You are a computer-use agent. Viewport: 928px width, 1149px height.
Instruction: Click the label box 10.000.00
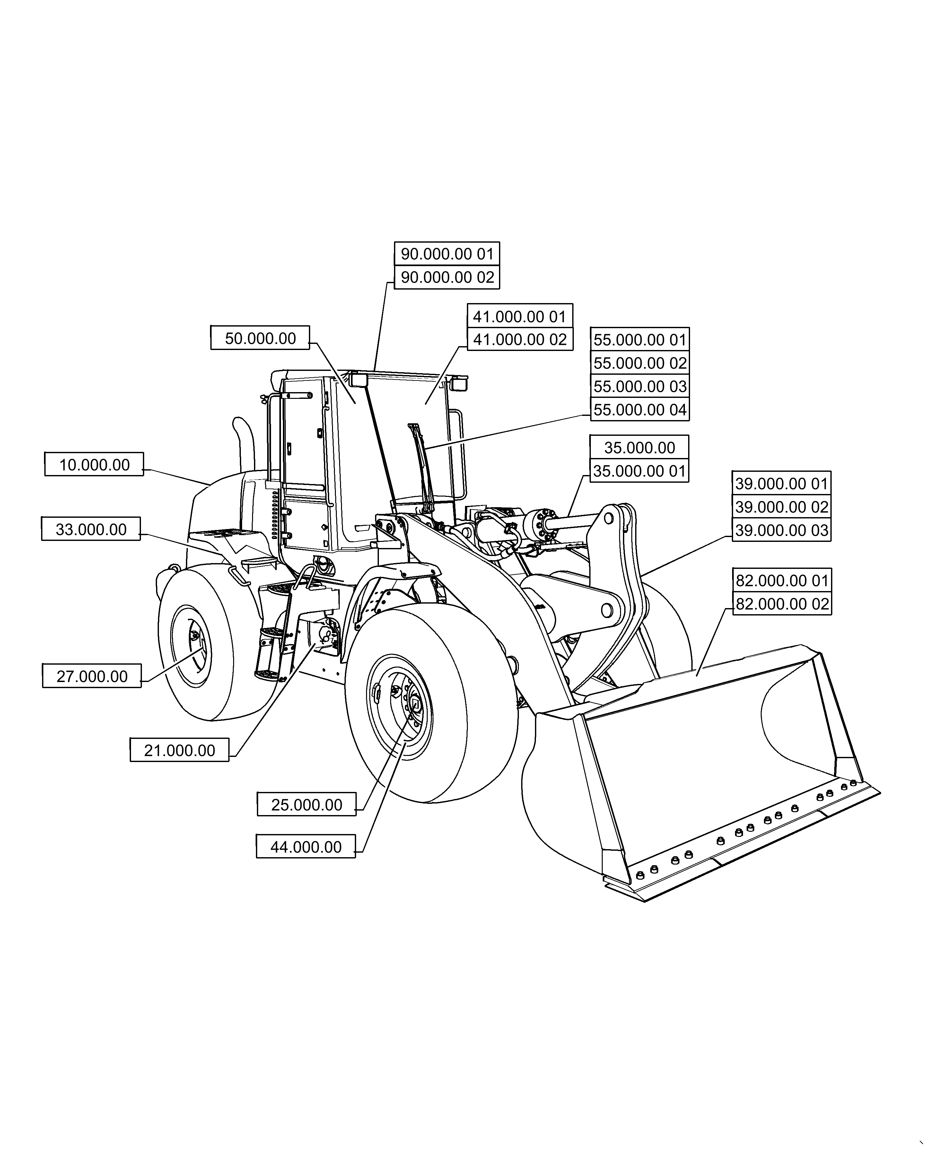click(94, 464)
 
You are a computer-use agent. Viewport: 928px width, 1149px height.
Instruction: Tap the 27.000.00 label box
click(92, 676)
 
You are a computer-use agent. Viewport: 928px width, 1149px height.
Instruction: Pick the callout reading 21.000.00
click(179, 750)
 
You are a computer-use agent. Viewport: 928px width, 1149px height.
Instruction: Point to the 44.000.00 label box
click(306, 862)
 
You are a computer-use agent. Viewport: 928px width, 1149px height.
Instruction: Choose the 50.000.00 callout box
click(260, 338)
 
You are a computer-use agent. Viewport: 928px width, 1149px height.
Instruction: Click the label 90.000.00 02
click(447, 277)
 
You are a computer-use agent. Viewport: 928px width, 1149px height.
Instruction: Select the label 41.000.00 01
click(520, 317)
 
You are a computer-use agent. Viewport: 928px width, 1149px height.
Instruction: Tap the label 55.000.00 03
click(640, 386)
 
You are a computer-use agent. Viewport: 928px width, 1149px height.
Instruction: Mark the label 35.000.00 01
click(639, 471)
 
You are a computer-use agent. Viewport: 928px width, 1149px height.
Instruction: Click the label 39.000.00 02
click(782, 507)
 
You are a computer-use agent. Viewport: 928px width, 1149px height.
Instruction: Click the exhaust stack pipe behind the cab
click(244, 444)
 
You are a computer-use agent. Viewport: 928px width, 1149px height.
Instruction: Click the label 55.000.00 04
click(640, 410)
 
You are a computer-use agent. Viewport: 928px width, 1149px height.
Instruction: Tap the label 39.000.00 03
click(782, 530)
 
